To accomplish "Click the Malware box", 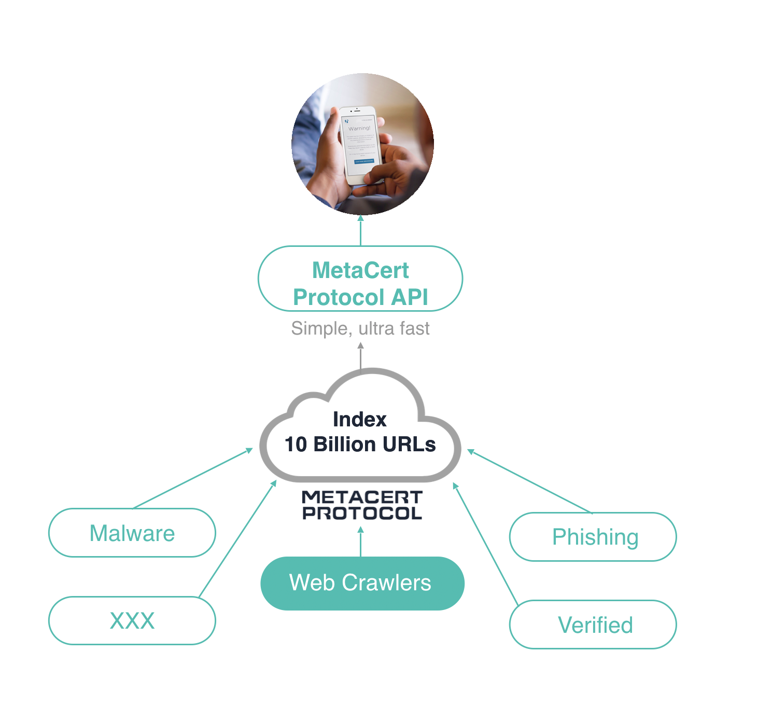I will pyautogui.click(x=132, y=533).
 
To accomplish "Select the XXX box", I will pyautogui.click(x=132, y=620).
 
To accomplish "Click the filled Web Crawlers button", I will pyautogui.click(x=362, y=583).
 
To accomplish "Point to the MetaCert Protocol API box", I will pyautogui.click(x=360, y=279).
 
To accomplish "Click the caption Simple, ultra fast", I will pyautogui.click(x=360, y=328).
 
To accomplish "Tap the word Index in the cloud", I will pyautogui.click(x=359, y=419).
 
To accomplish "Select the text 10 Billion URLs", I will pyautogui.click(x=360, y=445).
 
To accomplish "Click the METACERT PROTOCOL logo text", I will pyautogui.click(x=362, y=505).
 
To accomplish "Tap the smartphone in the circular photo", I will pyautogui.click(x=361, y=145).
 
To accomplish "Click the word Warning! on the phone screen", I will pyautogui.click(x=359, y=128).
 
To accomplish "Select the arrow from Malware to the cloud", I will pyautogui.click(x=192, y=478).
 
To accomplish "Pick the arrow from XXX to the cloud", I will pyautogui.click(x=237, y=539).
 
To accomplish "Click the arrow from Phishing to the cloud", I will pyautogui.click(x=529, y=481).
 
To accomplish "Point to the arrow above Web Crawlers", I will pyautogui.click(x=361, y=542).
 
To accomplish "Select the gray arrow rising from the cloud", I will pyautogui.click(x=361, y=357).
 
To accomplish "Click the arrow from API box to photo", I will pyautogui.click(x=361, y=230).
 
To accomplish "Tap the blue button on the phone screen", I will pyautogui.click(x=363, y=161).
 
